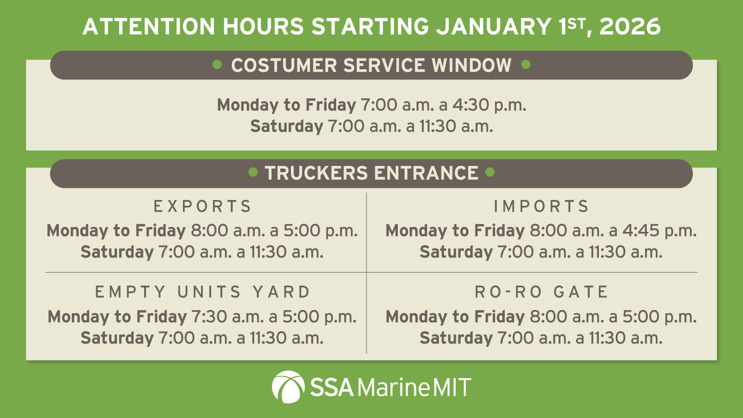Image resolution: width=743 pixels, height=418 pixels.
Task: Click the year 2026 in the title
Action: [x=630, y=26]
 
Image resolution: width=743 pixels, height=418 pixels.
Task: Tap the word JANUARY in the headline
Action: [x=494, y=26]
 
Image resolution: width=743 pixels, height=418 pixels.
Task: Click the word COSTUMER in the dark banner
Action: [x=284, y=65]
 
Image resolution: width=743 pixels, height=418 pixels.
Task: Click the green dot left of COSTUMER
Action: [x=217, y=64]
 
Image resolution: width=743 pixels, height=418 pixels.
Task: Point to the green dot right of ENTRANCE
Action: [x=490, y=172]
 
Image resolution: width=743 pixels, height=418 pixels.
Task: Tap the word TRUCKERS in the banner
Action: [x=316, y=173]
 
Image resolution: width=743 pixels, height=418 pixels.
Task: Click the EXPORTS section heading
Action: [x=202, y=206]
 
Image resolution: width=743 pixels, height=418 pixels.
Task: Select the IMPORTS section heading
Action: [x=541, y=206]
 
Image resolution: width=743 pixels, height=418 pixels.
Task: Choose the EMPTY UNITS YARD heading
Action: [x=202, y=292]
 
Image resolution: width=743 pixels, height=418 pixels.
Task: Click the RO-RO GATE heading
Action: [x=541, y=292]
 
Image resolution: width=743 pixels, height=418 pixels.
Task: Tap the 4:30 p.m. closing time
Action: [x=490, y=105]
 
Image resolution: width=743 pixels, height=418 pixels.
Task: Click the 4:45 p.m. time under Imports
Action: [x=659, y=231]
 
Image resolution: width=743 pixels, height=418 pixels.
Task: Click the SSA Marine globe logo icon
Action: [x=288, y=387]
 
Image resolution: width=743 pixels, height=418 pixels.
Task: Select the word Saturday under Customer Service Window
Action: [x=287, y=127]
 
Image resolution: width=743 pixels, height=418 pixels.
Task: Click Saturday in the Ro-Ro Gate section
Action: [x=456, y=338]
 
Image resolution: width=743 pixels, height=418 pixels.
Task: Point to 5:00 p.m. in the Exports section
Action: [x=320, y=231]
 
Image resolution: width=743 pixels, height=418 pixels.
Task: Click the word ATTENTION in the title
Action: [x=148, y=26]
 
